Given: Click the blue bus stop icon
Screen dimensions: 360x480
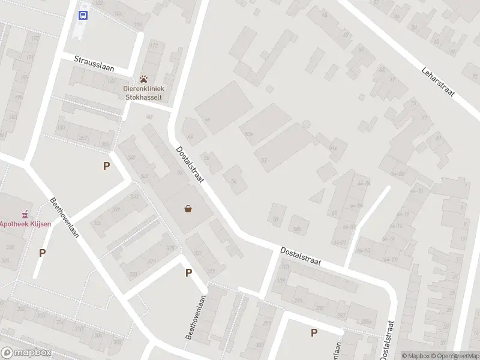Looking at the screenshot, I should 83,15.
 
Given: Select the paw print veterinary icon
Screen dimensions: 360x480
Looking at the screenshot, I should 144,79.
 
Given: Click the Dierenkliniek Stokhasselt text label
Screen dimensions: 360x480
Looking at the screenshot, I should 143,92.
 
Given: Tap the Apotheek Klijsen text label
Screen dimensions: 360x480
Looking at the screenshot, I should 25,224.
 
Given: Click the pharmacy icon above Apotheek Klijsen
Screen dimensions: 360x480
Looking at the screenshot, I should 25,214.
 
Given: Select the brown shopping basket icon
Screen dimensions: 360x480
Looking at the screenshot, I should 188,209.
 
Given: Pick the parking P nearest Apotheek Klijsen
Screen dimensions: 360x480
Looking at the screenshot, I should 42,253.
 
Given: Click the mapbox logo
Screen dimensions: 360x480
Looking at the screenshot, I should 26,353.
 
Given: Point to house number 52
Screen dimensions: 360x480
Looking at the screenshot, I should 264,160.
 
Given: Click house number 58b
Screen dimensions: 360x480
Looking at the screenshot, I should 296,229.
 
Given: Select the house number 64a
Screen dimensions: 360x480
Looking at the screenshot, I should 334,147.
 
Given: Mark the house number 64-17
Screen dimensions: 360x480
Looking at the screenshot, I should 391,259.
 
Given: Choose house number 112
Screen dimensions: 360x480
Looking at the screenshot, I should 154,46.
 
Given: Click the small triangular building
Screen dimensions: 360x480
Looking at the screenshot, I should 317,196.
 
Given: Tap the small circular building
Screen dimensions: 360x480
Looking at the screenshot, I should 306,124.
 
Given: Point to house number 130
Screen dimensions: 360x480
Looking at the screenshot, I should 60,127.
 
